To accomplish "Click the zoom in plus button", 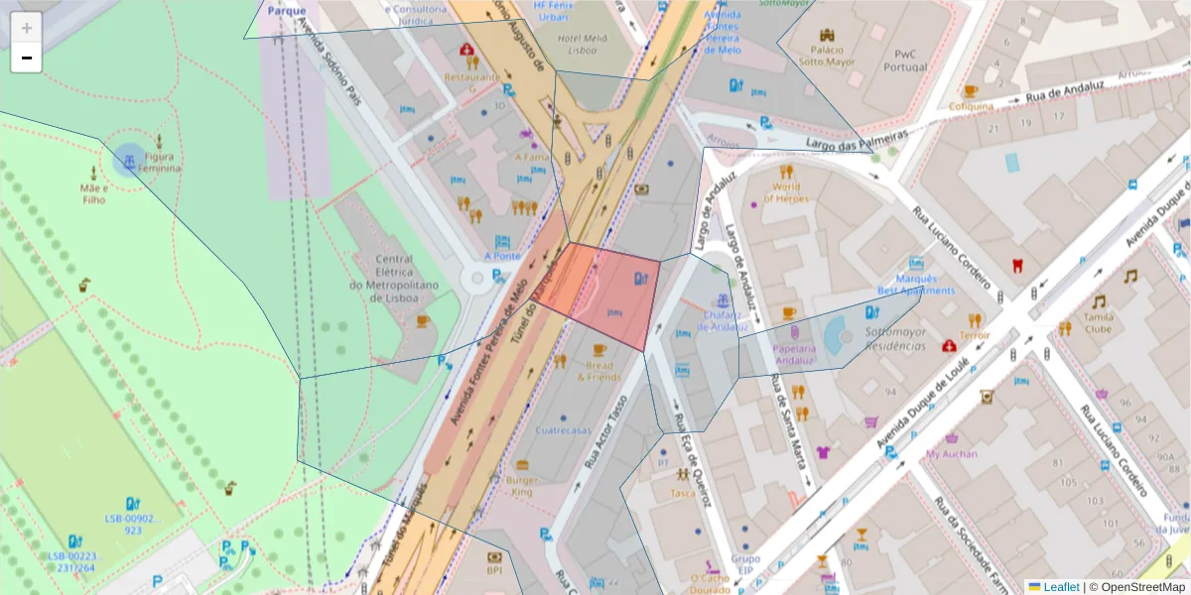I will pyautogui.click(x=27, y=28).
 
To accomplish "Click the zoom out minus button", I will pyautogui.click(x=27, y=59).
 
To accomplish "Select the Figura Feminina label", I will pyautogui.click(x=163, y=162).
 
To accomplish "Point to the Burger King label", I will pyautogui.click(x=521, y=485).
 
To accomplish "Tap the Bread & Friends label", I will pyautogui.click(x=598, y=371).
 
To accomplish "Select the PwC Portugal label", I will pyautogui.click(x=903, y=60).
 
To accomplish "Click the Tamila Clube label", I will pyautogui.click(x=1099, y=322).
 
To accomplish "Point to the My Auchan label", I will pyautogui.click(x=951, y=453).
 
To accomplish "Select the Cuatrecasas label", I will pyautogui.click(x=563, y=430).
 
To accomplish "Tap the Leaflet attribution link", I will pyautogui.click(x=1061, y=587).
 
